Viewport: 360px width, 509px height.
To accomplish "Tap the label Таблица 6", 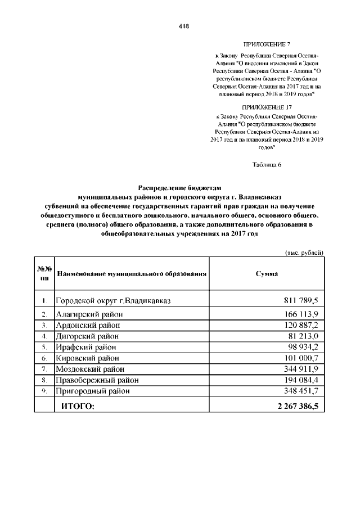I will click(267, 164).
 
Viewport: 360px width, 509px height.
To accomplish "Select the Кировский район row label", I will click(87, 358).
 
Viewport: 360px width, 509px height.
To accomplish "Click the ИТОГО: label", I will click(78, 405).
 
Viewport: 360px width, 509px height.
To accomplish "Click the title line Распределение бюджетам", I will click(181, 188).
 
